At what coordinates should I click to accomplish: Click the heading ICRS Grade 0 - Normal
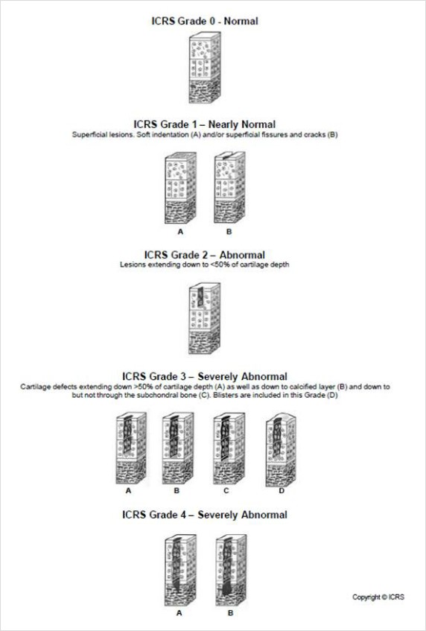click(x=204, y=21)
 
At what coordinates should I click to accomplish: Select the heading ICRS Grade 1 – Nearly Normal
click(x=204, y=124)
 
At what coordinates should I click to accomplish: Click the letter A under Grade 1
click(x=180, y=232)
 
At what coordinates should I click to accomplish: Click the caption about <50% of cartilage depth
click(x=204, y=264)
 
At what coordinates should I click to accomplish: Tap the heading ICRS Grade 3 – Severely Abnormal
click(x=204, y=376)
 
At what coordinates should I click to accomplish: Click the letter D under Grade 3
click(x=282, y=492)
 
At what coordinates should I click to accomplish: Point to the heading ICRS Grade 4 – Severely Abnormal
click(x=204, y=515)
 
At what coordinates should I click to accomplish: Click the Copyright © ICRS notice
click(x=378, y=597)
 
